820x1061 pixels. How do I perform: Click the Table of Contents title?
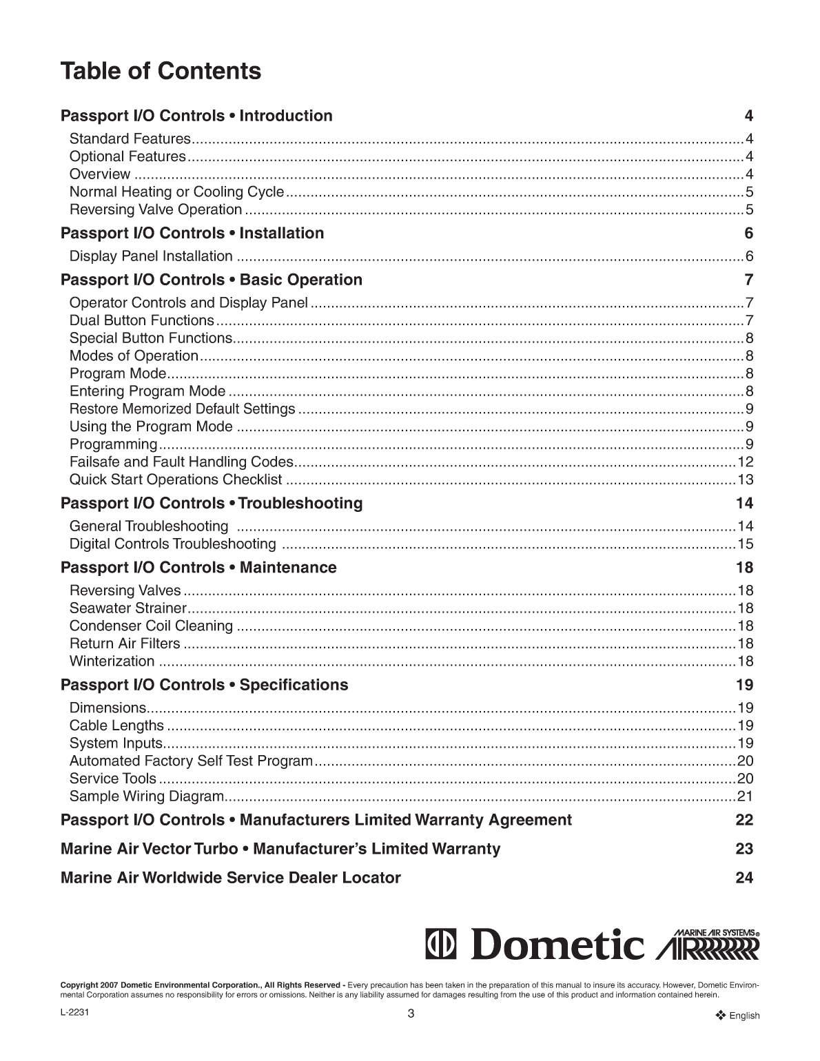pos(161,71)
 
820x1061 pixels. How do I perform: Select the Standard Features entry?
pos(130,138)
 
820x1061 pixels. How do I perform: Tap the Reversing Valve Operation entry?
pos(156,209)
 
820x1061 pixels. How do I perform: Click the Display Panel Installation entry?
pos(151,256)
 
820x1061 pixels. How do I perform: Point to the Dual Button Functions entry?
pos(142,320)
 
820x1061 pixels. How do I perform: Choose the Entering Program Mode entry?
pos(147,391)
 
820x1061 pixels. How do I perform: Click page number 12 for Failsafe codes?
pos(745,462)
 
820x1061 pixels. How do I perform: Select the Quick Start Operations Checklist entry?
pos(176,480)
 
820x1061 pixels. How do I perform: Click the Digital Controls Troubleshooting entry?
pos(172,544)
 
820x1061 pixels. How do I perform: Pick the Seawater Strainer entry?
pos(128,608)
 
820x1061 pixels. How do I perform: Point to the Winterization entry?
pos(112,661)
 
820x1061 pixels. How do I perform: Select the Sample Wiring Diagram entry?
pos(147,796)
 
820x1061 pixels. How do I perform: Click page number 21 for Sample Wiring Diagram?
pos(745,796)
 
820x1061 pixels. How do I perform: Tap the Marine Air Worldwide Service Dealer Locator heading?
pos(230,878)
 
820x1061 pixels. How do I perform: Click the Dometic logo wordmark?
pos(535,945)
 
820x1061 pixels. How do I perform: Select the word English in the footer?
pos(744,1016)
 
